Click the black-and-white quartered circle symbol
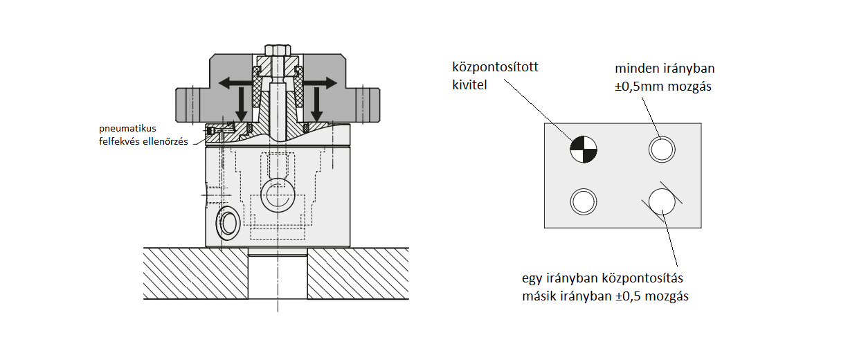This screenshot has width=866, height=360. pos(584,149)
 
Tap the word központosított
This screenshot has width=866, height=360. pos(495,68)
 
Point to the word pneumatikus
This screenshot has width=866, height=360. pos(127,129)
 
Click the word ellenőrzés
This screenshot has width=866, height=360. pos(164,141)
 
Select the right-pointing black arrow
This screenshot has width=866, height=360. pos(325,82)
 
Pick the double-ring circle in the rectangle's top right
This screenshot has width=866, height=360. pos(661,149)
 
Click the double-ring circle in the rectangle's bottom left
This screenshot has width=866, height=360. pos(583,201)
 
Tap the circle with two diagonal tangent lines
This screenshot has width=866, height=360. pos(662,201)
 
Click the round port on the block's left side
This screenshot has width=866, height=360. pos(228,222)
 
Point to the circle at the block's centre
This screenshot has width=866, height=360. pos(276,197)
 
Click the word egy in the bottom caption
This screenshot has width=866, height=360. pos(532,278)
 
